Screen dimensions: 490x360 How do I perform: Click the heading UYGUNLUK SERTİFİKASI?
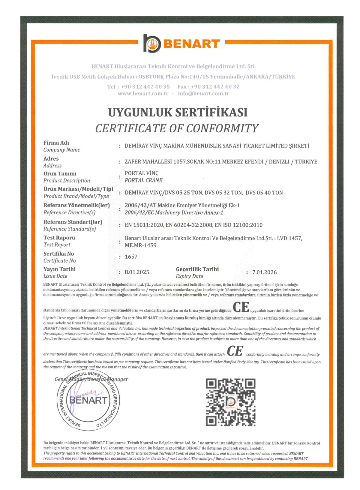[x=178, y=113]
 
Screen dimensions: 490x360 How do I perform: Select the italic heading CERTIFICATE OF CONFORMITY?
[x=177, y=128]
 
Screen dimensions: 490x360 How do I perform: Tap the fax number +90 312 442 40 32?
[x=215, y=87]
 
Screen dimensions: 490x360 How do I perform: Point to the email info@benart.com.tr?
[x=203, y=94]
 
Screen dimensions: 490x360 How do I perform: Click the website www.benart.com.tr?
[x=143, y=94]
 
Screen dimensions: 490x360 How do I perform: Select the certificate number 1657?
[x=131, y=257]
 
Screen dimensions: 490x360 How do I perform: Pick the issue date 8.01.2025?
[x=137, y=272]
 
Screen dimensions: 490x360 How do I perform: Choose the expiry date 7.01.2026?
[x=264, y=272]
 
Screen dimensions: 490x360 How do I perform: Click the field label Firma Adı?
[x=56, y=143]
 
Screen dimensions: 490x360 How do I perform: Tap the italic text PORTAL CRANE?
[x=144, y=180]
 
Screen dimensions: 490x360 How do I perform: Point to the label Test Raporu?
[x=59, y=238]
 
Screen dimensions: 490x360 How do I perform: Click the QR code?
[x=230, y=402]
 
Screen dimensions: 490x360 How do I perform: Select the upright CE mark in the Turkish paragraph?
[x=241, y=307]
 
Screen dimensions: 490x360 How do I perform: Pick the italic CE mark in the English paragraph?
[x=235, y=351]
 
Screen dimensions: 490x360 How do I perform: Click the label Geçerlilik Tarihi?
[x=197, y=269]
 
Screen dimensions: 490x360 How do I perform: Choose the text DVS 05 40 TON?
[x=264, y=193]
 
